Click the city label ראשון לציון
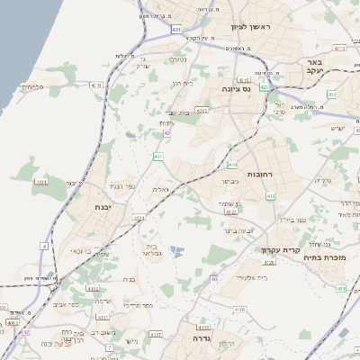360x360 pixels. [262, 29]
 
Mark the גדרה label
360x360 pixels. [194, 339]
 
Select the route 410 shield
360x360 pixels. [232, 165]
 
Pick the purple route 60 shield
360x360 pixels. [214, 279]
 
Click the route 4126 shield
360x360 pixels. [268, 262]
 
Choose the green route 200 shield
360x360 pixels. [331, 94]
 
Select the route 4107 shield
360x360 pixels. [156, 334]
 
